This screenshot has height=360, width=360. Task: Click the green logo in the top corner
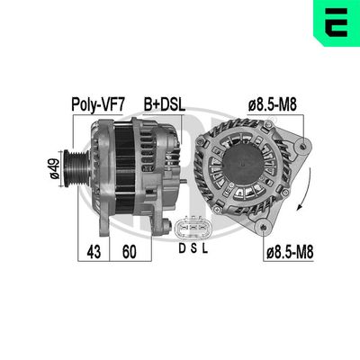coord(337,21)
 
